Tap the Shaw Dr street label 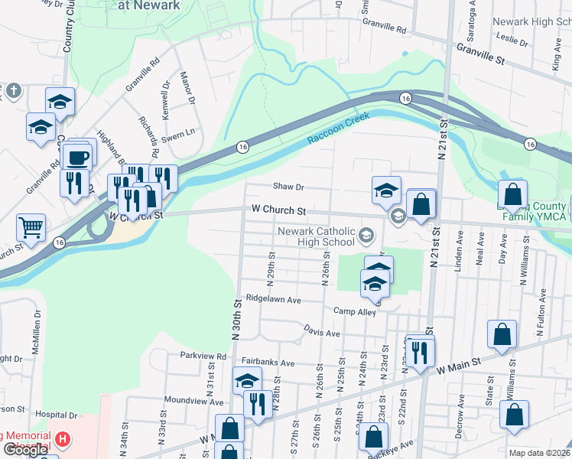[x=289, y=187]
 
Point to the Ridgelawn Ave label [x=273, y=300]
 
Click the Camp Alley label [x=355, y=311]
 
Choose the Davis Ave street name [x=321, y=334]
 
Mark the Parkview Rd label [x=203, y=356]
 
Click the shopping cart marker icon [x=31, y=226]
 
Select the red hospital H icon [x=63, y=440]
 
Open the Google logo [x=25, y=449]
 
